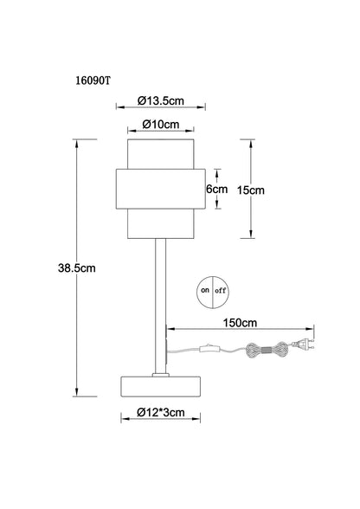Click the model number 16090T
coord(93,81)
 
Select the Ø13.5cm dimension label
coord(161,100)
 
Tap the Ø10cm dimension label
coord(161,124)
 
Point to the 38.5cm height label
coord(77,268)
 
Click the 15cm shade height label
coord(250,190)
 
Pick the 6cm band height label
coord(217,189)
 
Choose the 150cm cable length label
coord(240,323)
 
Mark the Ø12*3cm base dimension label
coord(161,412)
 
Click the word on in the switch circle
coord(204,290)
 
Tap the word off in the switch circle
coord(220,291)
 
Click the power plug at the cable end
coord(303,345)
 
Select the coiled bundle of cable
coord(267,350)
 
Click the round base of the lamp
coord(161,386)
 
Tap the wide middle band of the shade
coord(161,189)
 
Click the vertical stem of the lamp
coord(160,306)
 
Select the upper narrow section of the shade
coord(161,154)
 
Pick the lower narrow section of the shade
coord(161,223)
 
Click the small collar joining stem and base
coord(161,375)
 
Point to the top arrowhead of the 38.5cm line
coord(77,143)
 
